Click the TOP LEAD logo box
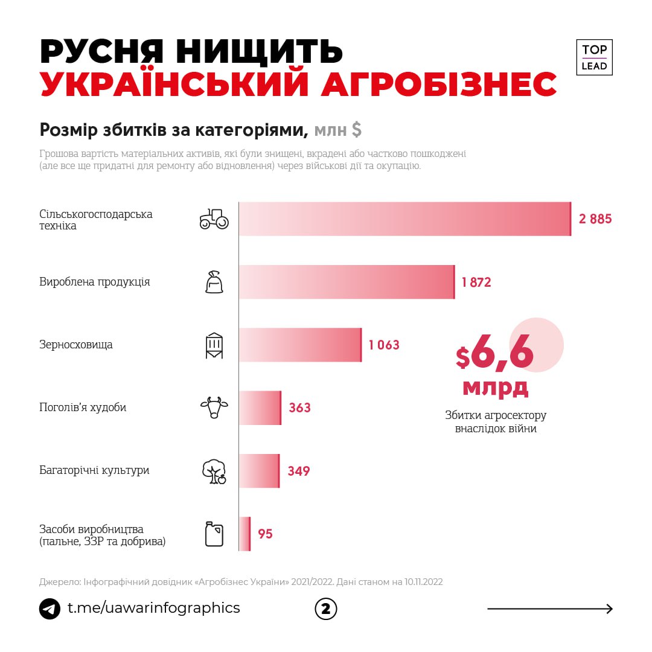(594, 57)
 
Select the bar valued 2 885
(404, 219)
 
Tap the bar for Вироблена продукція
(347, 282)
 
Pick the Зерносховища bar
(300, 345)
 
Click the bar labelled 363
(260, 407)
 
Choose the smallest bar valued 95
(245, 534)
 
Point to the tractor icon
(214, 219)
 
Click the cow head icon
(214, 407)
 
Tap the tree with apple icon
(214, 471)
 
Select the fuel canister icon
(214, 534)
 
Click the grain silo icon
(214, 345)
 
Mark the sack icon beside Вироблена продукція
(214, 282)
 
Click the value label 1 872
(476, 282)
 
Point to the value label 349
(298, 471)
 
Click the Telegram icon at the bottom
(50, 609)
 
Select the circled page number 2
(326, 609)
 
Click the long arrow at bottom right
(550, 609)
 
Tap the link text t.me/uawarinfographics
(153, 608)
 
